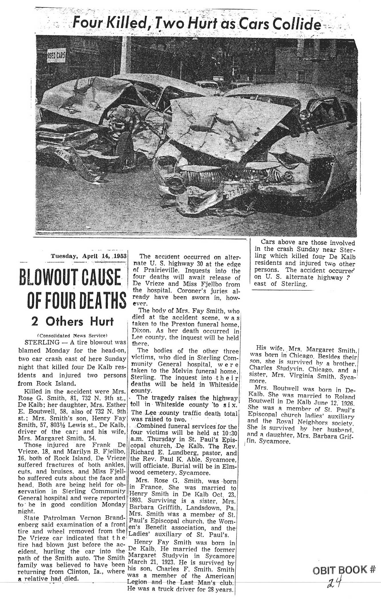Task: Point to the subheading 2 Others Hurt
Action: coord(72,322)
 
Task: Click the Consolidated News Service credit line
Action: coord(72,335)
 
